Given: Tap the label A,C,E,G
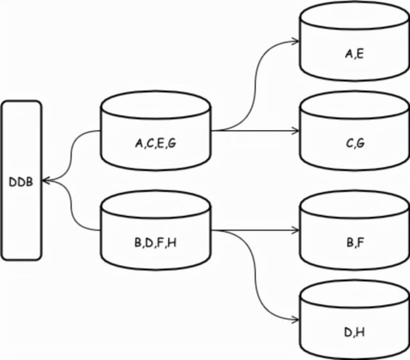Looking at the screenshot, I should click(155, 144).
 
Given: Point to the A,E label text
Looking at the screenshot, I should click(354, 54).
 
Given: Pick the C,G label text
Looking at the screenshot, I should click(355, 143).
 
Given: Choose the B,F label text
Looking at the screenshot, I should click(355, 243).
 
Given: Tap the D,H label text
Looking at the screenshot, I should click(355, 332).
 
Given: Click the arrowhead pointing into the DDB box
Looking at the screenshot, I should click(46, 181).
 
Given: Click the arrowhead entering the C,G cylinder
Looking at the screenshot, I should click(296, 131).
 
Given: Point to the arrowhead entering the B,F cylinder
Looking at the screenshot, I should click(296, 230).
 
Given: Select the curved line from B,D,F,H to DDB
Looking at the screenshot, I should click(74, 211).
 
